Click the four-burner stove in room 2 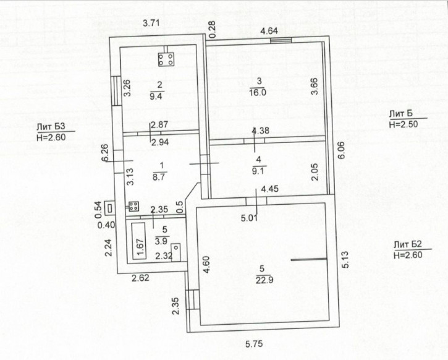coord(166,59)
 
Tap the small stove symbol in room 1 coord(133,206)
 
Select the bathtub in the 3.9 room coord(139,241)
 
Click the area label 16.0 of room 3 coord(258,92)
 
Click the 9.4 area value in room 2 coord(156,96)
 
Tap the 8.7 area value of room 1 coord(159,177)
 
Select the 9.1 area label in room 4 coord(258,171)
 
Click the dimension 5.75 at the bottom coord(254,344)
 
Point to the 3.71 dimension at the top coord(151,23)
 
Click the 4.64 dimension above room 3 coord(269,30)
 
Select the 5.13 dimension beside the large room coord(345,260)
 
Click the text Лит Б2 coord(408,244)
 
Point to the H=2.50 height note coord(404,124)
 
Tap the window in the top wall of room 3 coord(281,40)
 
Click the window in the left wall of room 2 coord(115,90)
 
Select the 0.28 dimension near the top coord(212,30)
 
